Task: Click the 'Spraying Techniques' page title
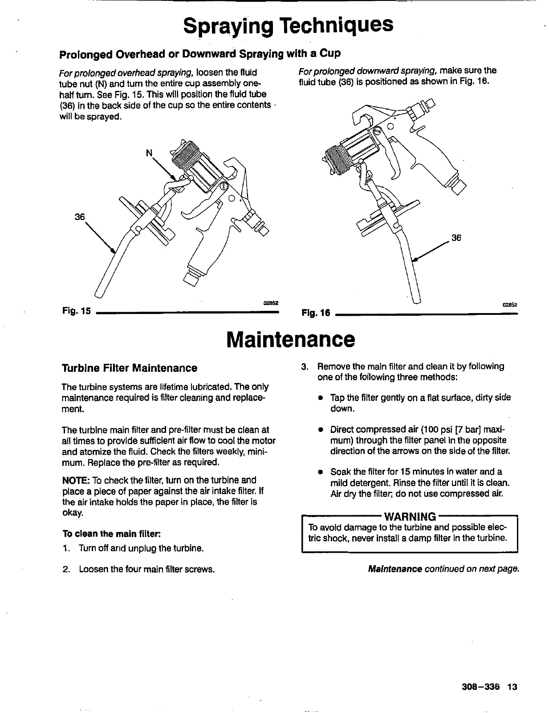tap(289, 26)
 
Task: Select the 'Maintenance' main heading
tap(291, 339)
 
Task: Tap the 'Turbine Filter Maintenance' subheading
tap(129, 368)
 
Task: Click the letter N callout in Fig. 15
tap(150, 153)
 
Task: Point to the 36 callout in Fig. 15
tap(80, 217)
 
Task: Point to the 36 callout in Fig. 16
tap(456, 238)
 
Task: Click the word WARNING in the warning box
tap(410, 517)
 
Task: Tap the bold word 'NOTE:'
tap(76, 480)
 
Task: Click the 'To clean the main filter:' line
tap(111, 534)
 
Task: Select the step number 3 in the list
tap(305, 367)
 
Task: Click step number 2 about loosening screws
tap(66, 569)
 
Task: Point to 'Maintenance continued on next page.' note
tap(444, 569)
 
